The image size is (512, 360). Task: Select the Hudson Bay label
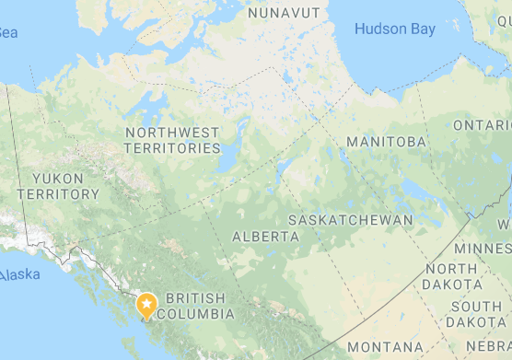coord(395,29)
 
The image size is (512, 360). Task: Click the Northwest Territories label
coord(173,140)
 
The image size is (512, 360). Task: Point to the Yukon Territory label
coord(57,186)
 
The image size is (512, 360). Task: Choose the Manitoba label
coord(386,142)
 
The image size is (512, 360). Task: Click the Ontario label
coord(482,125)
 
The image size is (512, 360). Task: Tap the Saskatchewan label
coord(351,220)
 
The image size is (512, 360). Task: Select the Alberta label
coord(265,237)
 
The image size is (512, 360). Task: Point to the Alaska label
coord(20,275)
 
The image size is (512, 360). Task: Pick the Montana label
coord(385,347)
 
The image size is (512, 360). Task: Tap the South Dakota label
coord(476,314)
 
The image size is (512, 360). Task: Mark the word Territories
coord(173,148)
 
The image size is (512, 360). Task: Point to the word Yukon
coord(57,178)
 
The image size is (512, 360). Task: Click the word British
coord(196,298)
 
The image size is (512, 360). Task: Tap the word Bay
coord(424,29)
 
